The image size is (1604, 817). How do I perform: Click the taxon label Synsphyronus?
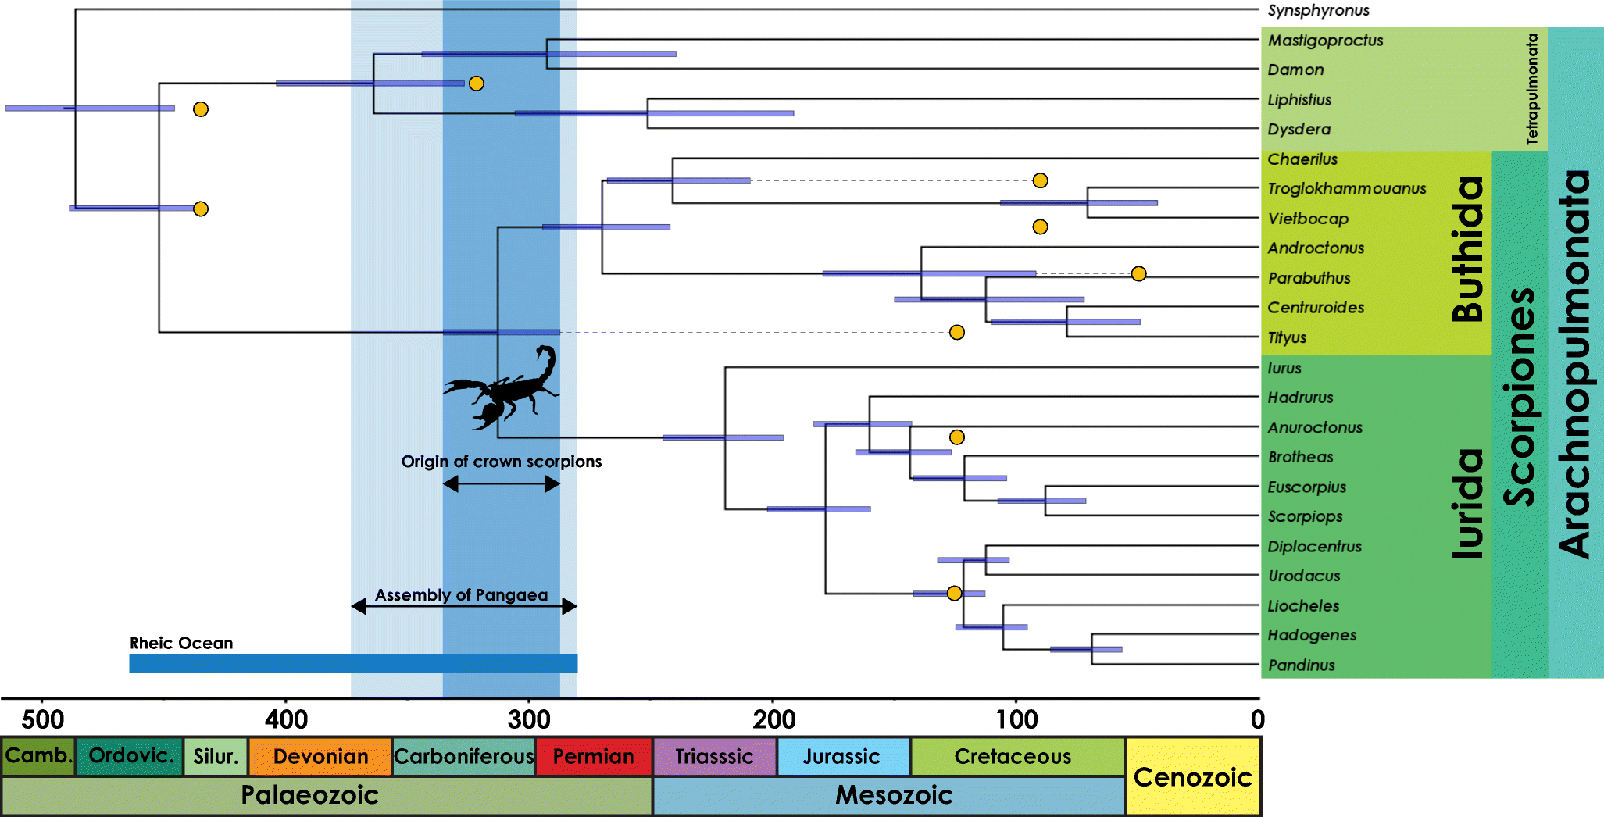[x=1318, y=10]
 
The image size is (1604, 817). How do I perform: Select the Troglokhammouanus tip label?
[x=1346, y=188]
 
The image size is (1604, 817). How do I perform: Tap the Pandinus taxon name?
[x=1301, y=665]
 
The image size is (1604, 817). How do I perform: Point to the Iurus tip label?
[x=1284, y=368]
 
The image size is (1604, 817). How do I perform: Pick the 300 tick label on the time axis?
[x=529, y=719]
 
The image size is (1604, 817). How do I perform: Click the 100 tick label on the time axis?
[x=1016, y=719]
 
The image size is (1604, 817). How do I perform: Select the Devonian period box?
[x=320, y=756]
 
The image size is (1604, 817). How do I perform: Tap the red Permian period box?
[x=593, y=756]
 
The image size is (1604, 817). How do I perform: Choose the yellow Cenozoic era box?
[x=1192, y=776]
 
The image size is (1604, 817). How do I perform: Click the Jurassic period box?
[x=842, y=756]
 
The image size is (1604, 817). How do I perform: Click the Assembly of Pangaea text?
[x=461, y=594]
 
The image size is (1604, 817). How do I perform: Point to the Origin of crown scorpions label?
[x=501, y=461]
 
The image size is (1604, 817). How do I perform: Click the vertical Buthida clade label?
[x=1467, y=249]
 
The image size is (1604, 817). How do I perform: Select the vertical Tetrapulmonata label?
[x=1531, y=88]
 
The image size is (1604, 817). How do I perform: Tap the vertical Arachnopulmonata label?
[x=1574, y=363]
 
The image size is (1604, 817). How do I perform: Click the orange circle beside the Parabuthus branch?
[x=1138, y=273]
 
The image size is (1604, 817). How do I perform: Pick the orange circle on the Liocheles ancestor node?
[x=953, y=593]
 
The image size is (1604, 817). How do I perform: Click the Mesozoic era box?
[x=893, y=795]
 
